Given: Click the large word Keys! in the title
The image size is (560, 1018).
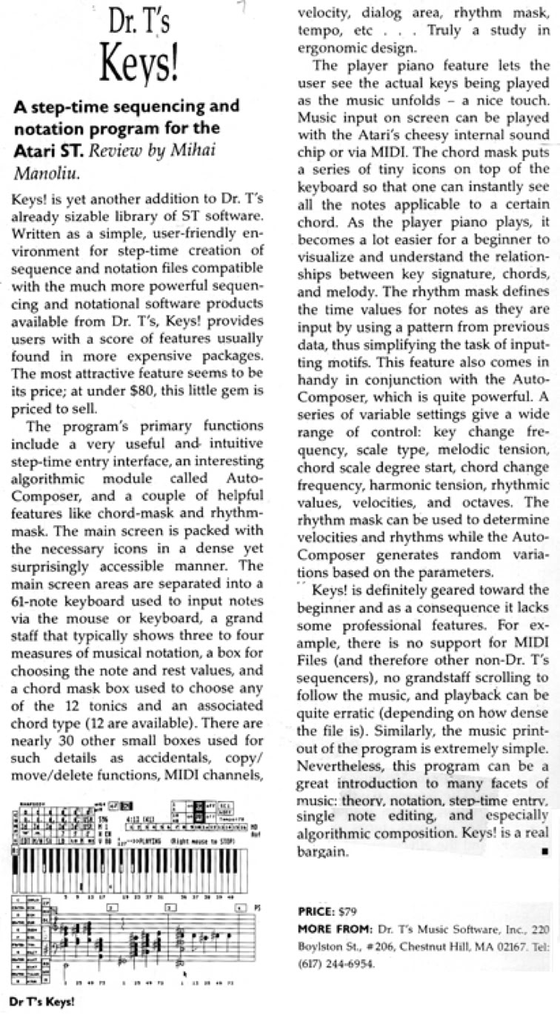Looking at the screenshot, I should pos(140,67).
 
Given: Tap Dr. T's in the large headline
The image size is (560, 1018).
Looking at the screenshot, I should pos(139,24).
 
